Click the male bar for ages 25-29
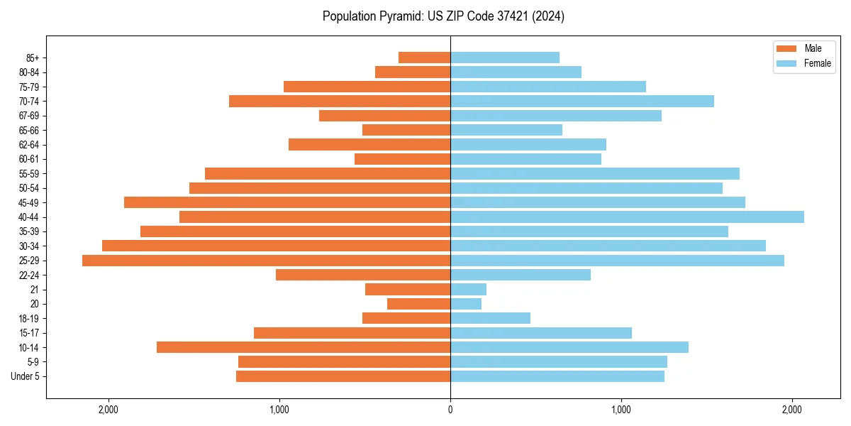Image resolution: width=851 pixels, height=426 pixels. coord(266,261)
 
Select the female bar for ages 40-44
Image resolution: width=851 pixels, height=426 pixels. coord(627,217)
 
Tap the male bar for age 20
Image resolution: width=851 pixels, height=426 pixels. coord(418,304)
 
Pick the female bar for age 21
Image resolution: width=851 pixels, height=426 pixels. coord(468,290)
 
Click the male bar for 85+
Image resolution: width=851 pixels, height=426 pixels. coord(424,58)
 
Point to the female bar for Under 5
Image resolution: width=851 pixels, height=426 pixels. coord(557,376)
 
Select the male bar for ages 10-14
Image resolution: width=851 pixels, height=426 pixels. coord(304,347)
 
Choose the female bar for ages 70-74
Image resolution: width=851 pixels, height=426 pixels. coord(582,102)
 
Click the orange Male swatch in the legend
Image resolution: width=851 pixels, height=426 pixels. coord(786,48)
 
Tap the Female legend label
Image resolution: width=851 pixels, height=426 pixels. coord(817,63)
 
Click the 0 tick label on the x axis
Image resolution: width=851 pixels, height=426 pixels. coord(450,410)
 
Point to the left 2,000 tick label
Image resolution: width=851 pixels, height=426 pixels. coord(109,410)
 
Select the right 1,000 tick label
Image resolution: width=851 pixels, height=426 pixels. coord(621,410)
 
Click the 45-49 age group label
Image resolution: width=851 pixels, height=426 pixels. coord(29,203)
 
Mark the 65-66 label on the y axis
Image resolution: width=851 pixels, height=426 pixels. coord(29,131)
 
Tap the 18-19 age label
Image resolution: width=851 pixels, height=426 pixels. coord(29,319)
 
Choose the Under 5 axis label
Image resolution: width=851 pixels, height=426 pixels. coord(26,376)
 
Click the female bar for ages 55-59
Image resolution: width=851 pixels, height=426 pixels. coord(595,174)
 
